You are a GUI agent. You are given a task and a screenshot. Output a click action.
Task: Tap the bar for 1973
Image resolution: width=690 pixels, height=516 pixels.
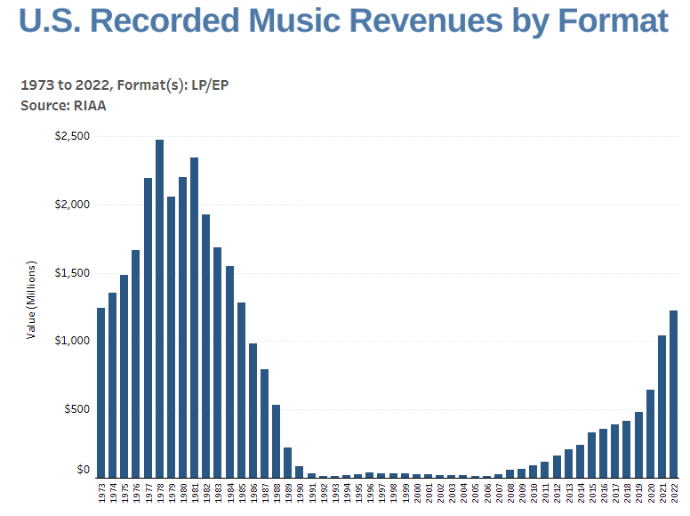point(101,392)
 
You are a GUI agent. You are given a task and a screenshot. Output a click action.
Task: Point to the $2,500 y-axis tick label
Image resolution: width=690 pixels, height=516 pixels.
point(71,136)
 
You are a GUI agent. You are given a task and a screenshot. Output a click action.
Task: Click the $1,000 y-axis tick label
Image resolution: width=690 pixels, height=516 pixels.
point(71,341)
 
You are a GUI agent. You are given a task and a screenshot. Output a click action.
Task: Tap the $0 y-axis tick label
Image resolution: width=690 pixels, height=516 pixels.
point(83,470)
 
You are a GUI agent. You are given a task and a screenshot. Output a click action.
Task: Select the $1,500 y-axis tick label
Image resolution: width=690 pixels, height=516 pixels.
point(71,272)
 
